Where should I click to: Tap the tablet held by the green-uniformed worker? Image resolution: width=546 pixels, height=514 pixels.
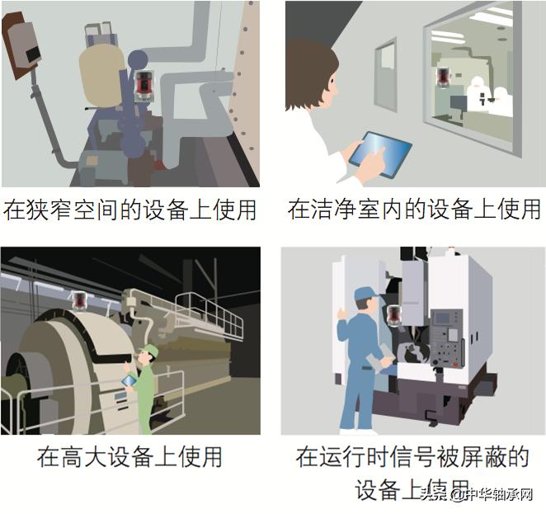(x=129, y=380)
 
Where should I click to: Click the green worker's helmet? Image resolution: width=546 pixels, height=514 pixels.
(x=149, y=352)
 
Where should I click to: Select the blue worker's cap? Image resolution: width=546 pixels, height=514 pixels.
(x=364, y=293)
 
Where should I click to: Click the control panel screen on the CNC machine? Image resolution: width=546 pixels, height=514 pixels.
(x=445, y=317)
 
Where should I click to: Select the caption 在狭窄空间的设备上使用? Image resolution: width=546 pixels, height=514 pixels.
(x=129, y=209)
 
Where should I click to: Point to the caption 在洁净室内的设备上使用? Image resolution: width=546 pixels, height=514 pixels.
(x=414, y=209)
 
